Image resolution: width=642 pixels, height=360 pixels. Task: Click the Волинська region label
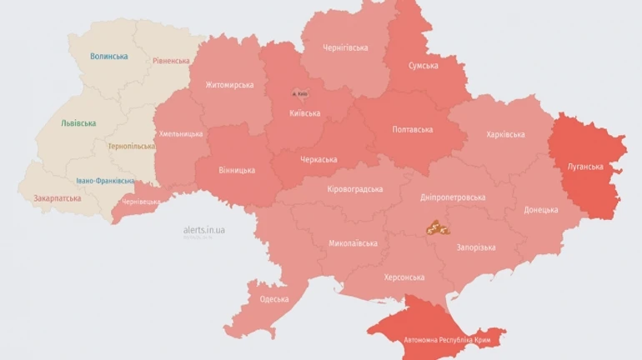(110, 57)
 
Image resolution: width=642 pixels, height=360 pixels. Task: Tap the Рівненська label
(171, 61)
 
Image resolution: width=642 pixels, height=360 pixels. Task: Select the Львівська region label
(78, 123)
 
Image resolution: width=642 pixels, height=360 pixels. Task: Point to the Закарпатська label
(58, 199)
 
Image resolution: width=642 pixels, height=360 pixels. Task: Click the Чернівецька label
(140, 201)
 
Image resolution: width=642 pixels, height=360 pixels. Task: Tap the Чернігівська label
(345, 47)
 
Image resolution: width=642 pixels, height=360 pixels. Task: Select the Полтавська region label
(412, 130)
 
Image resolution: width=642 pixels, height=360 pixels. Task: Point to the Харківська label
(504, 135)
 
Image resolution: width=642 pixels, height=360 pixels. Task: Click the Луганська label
(585, 167)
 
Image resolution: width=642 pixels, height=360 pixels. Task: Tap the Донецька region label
(541, 210)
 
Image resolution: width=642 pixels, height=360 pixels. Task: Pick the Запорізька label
(475, 247)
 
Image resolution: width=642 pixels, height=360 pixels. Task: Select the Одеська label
(274, 299)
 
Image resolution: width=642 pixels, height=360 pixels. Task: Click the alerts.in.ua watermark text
(204, 229)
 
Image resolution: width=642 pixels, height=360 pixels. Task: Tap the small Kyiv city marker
(298, 93)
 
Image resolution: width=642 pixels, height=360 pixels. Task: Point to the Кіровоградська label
(354, 190)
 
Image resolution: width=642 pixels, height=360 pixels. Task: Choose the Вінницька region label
(237, 171)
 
